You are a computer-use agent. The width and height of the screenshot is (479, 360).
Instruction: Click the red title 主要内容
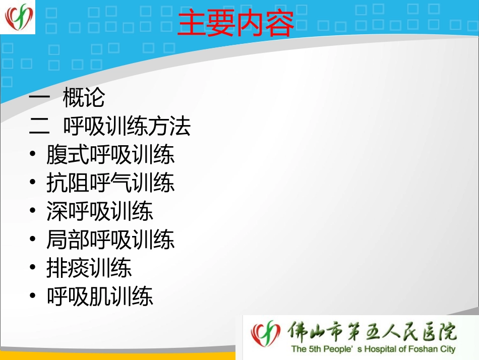[235, 24]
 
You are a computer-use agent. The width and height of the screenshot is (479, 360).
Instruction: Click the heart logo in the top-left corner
[19, 17]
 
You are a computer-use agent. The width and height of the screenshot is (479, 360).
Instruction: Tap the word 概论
[84, 98]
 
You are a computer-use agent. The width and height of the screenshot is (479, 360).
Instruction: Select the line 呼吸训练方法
[127, 127]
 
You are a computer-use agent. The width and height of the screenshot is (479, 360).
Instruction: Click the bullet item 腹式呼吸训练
[110, 155]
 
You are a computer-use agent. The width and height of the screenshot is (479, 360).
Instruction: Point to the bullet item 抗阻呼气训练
[110, 183]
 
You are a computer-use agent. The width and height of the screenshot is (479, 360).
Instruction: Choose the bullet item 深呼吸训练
[99, 211]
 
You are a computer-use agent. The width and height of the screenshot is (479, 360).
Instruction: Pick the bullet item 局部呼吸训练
[110, 239]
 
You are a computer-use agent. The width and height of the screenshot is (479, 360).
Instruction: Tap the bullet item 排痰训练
[89, 268]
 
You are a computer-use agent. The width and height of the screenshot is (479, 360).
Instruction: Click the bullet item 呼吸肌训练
[99, 296]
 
